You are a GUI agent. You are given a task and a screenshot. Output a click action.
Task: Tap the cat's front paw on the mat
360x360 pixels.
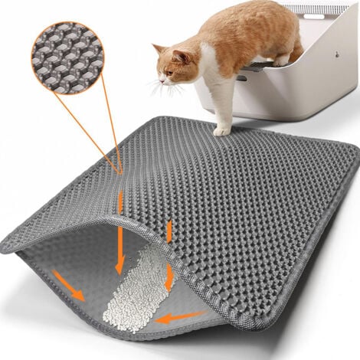pos(221,131)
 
